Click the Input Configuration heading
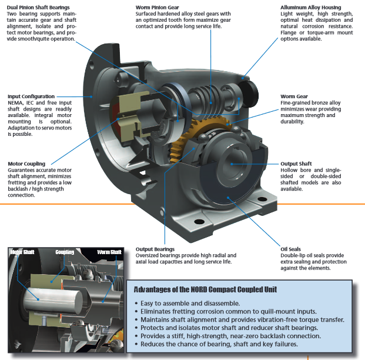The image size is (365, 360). click(x=31, y=96)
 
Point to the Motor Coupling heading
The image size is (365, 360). click(x=27, y=164)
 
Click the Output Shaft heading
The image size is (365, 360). click(x=296, y=164)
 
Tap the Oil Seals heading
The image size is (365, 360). click(x=290, y=249)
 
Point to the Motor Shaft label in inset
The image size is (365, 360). click(x=24, y=252)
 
